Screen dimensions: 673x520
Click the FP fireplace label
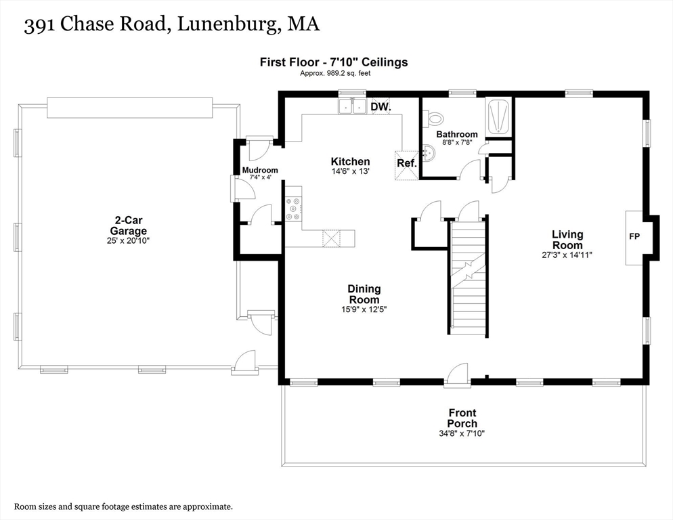[634, 236]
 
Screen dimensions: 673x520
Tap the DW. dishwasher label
[381, 106]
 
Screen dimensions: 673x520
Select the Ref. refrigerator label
[406, 163]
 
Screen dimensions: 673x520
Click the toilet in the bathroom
[432, 118]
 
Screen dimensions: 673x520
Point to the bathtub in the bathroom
[498, 116]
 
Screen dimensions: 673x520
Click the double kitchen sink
[352, 106]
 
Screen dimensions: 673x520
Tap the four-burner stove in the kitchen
[294, 209]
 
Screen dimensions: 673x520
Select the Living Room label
[567, 240]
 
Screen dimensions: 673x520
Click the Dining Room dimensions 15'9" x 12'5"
[364, 309]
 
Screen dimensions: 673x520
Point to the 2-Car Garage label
[128, 225]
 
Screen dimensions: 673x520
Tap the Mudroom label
[260, 170]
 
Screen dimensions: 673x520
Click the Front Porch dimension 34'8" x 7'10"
[462, 433]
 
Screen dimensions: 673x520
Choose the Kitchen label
[350, 161]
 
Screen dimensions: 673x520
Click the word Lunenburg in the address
[227, 24]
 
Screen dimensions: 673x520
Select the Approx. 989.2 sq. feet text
[335, 73]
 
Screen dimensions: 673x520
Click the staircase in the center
[469, 276]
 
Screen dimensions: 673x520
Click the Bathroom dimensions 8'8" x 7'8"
[457, 142]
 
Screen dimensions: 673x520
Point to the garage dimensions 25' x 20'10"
[128, 240]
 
